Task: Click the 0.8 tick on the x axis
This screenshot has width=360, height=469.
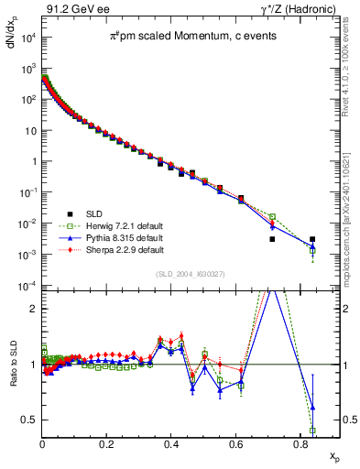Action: [x=300, y=442]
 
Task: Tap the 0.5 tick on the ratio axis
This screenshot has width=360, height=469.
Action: [x=29, y=420]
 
